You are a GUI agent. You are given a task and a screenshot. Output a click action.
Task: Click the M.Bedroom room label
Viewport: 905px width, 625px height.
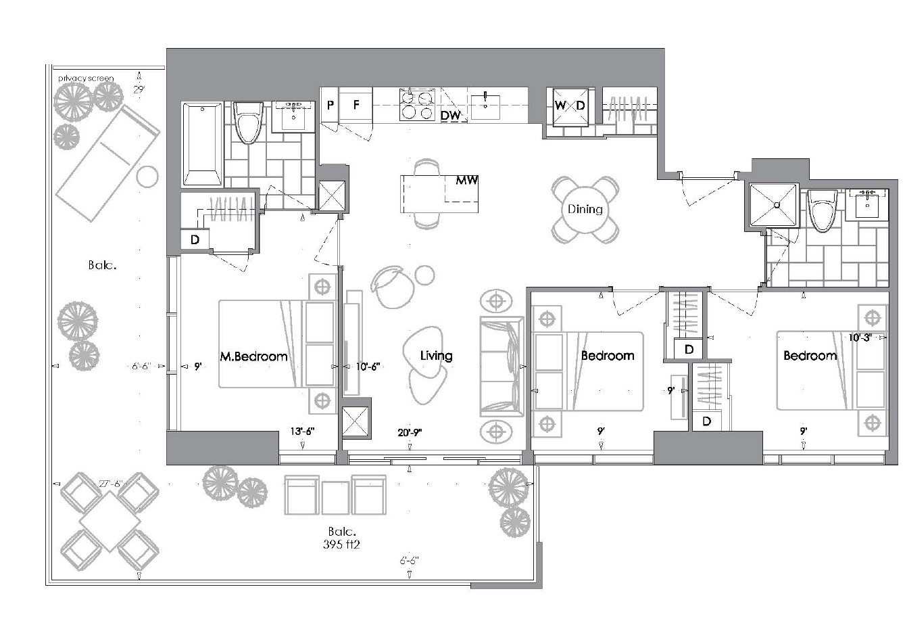[x=253, y=356]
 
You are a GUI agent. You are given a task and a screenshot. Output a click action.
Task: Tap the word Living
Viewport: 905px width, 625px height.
[x=436, y=355]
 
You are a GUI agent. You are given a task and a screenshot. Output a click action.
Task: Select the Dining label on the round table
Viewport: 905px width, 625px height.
[x=585, y=209]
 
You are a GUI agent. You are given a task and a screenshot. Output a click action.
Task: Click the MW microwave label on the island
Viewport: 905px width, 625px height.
[x=467, y=181]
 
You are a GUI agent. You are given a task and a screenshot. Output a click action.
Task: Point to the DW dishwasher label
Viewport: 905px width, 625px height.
[x=450, y=116]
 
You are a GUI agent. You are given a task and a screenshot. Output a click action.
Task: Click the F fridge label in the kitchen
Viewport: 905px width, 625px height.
[x=357, y=105]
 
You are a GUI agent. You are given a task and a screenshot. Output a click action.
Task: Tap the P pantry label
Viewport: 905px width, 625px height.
[x=331, y=105]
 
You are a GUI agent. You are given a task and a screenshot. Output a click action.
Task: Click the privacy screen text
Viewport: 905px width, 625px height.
[x=86, y=78]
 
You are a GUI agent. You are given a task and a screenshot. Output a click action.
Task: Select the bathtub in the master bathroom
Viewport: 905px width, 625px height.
[x=202, y=144]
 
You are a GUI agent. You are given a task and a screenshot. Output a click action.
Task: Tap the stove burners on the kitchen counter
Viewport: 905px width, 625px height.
[x=417, y=105]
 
